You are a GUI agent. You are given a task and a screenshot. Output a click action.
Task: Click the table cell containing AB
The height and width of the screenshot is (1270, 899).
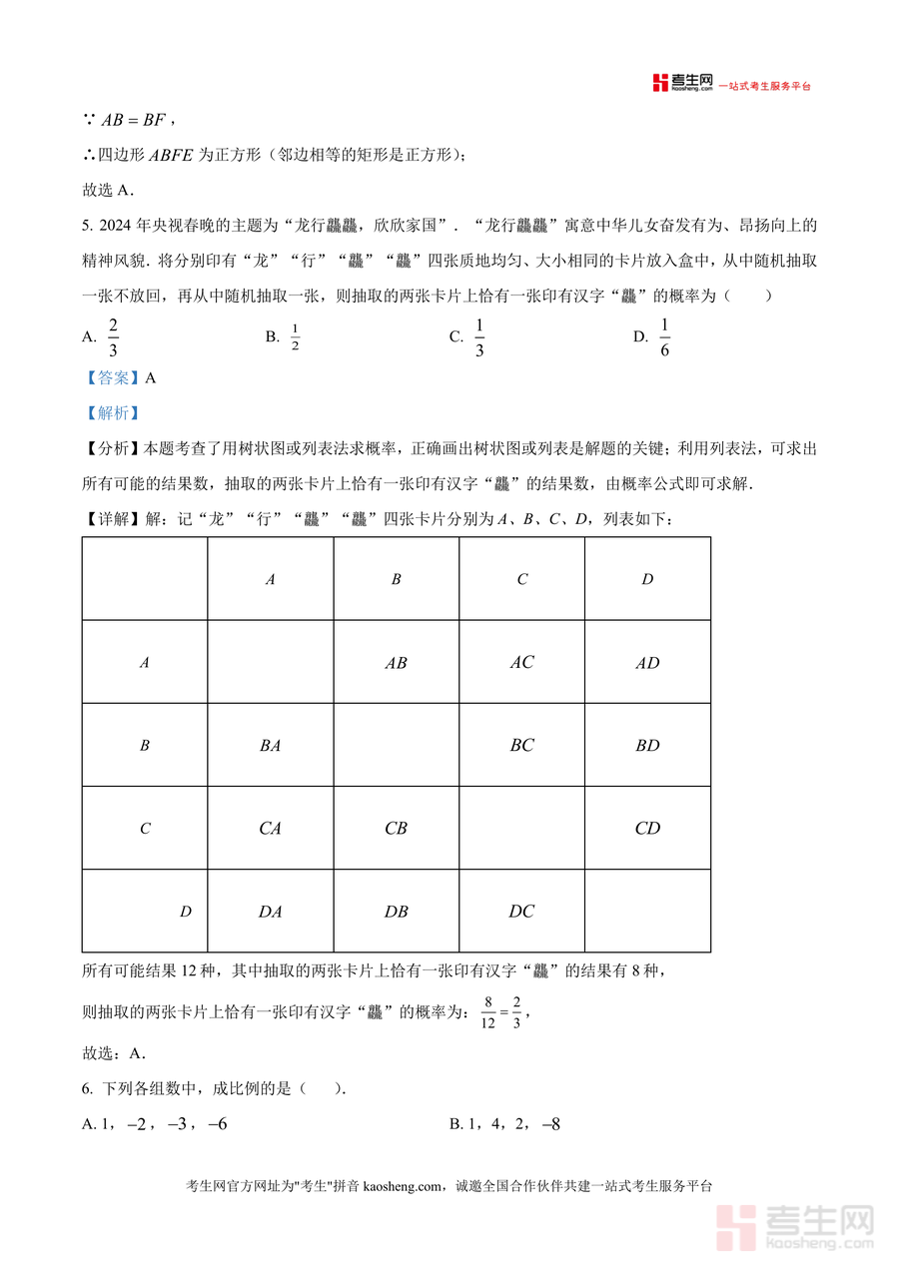pyautogui.click(x=396, y=663)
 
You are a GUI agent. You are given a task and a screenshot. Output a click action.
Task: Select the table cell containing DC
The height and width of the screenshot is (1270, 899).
pyautogui.click(x=521, y=911)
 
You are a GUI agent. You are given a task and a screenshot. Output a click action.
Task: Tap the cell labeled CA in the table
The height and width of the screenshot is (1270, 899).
pyautogui.click(x=270, y=828)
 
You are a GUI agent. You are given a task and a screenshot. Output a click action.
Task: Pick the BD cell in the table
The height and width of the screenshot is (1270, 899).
pyautogui.click(x=647, y=745)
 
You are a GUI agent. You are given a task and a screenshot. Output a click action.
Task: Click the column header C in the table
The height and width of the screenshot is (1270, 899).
pyautogui.click(x=521, y=579)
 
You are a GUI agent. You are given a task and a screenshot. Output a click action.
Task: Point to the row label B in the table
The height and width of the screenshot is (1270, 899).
pyautogui.click(x=145, y=745)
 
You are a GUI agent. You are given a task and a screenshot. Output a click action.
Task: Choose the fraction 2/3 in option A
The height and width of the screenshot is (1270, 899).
pyautogui.click(x=113, y=337)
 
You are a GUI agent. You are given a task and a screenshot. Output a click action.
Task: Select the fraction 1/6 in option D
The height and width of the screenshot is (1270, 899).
pyautogui.click(x=665, y=337)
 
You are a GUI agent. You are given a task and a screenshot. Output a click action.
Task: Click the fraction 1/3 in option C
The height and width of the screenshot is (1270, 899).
pyautogui.click(x=479, y=337)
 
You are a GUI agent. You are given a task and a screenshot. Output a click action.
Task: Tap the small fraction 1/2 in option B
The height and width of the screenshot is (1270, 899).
pyautogui.click(x=295, y=337)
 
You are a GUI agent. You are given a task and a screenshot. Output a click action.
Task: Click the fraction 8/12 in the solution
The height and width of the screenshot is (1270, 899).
pyautogui.click(x=488, y=1011)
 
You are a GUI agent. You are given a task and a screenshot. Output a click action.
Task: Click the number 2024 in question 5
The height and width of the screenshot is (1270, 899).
pyautogui.click(x=116, y=225)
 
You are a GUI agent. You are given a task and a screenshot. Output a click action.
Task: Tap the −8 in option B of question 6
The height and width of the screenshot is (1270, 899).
pyautogui.click(x=550, y=1124)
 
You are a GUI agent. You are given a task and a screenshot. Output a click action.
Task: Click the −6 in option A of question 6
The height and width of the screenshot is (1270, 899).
pyautogui.click(x=217, y=1124)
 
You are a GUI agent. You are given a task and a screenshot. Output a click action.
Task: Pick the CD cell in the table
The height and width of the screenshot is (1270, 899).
pyautogui.click(x=647, y=828)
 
